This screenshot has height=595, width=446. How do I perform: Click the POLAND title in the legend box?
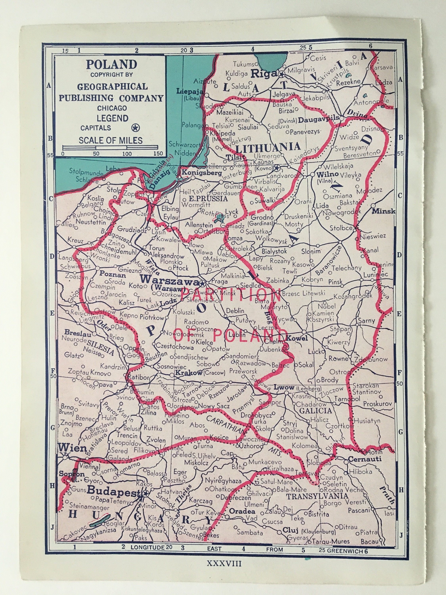point(111,64)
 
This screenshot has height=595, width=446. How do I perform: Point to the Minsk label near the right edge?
point(383,211)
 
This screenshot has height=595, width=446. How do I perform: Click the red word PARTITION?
point(231,295)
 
